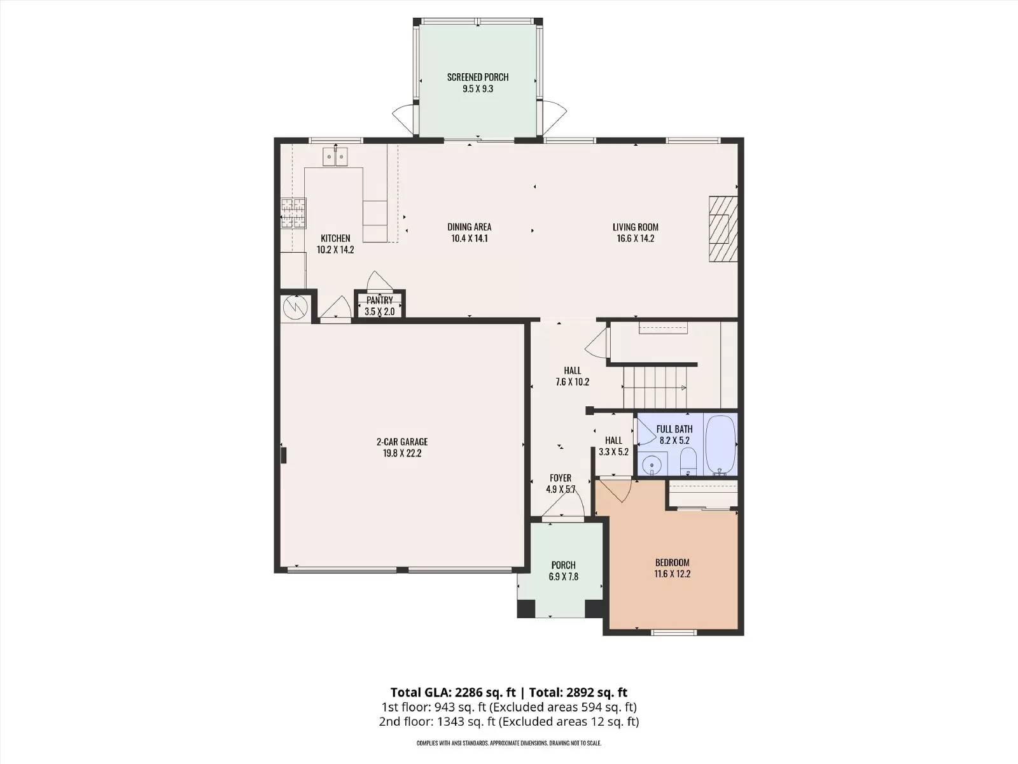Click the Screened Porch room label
tap(478, 77)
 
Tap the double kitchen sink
tap(335, 157)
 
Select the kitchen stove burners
tap(293, 213)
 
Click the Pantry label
tap(379, 300)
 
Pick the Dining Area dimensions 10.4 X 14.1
tap(470, 238)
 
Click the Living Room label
tap(636, 227)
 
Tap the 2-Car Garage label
tap(402, 442)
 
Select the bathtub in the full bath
tap(720, 445)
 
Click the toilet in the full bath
tap(687, 462)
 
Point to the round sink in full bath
tap(653, 464)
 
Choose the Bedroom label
tap(672, 563)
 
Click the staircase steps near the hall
tap(655, 388)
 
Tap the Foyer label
tap(561, 478)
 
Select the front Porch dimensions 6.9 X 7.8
tap(564, 577)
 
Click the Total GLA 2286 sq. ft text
tap(453, 693)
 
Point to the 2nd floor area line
tap(509, 722)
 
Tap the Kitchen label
tap(335, 238)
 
